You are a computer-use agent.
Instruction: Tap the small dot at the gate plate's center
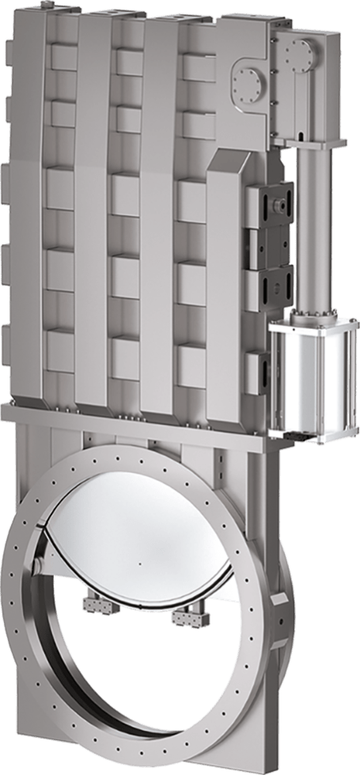coord(137,562)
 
